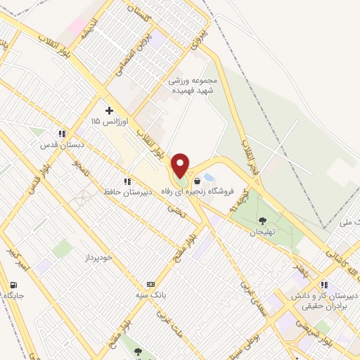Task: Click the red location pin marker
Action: (x=181, y=165)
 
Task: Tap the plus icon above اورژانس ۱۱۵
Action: (x=109, y=110)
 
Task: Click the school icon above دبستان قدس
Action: (x=63, y=133)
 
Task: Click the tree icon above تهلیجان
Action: (x=262, y=221)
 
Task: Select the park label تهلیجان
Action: (x=262, y=232)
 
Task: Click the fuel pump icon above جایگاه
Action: (x=14, y=285)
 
